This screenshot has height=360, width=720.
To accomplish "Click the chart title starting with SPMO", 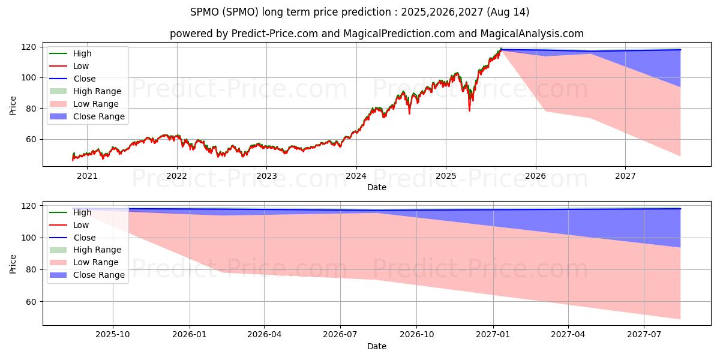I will pos(360,12).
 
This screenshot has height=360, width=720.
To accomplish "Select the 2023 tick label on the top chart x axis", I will pos(266,176).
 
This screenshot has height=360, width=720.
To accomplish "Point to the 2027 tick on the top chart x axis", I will pos(625,176).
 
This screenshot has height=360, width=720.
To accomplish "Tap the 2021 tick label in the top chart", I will pos(88,176).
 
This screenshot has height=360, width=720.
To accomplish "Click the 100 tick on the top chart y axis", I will pos(29,77).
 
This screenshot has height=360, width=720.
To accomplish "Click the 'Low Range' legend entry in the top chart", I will pos(96,104).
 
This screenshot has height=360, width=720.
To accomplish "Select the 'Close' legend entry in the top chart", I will pos(85,79).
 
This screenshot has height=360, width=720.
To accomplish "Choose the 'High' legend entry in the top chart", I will pos(83,53).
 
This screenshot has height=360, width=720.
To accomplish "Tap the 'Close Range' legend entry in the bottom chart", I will pos(99,275).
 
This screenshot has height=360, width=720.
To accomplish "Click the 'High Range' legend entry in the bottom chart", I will pos(97,250).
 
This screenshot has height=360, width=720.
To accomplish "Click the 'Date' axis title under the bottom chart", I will pos(377,346).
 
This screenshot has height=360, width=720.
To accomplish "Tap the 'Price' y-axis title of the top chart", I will pos(13,105).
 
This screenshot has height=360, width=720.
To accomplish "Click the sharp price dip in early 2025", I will pos(469,110).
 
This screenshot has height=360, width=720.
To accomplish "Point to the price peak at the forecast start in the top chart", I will pos(501,49).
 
